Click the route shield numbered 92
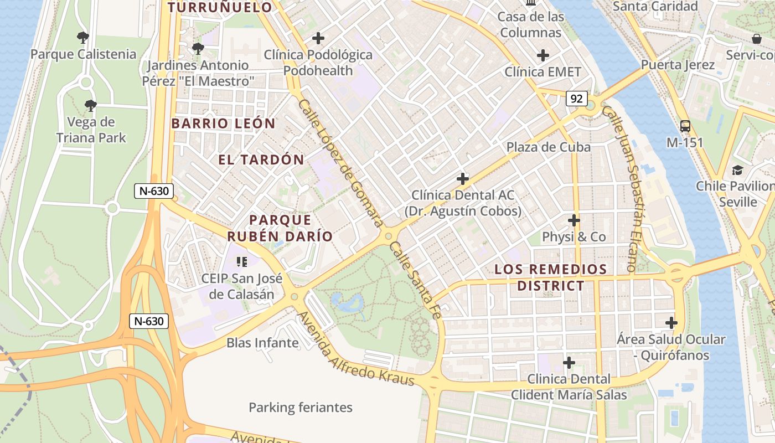point(576,99)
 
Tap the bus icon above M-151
point(685,126)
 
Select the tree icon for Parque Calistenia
point(83,38)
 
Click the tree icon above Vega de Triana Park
point(90,105)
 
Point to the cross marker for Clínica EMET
point(543,55)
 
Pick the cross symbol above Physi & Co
point(574,220)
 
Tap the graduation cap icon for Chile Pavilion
point(737,170)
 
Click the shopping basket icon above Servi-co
point(756,39)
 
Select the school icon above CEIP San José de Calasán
point(241,261)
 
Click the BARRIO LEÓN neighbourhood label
point(223,123)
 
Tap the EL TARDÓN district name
point(261,160)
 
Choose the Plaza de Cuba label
point(549,147)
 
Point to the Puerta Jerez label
point(678,65)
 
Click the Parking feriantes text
point(300,408)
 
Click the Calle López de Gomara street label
point(340,163)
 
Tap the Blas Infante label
point(262,343)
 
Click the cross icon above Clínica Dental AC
point(463,179)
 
